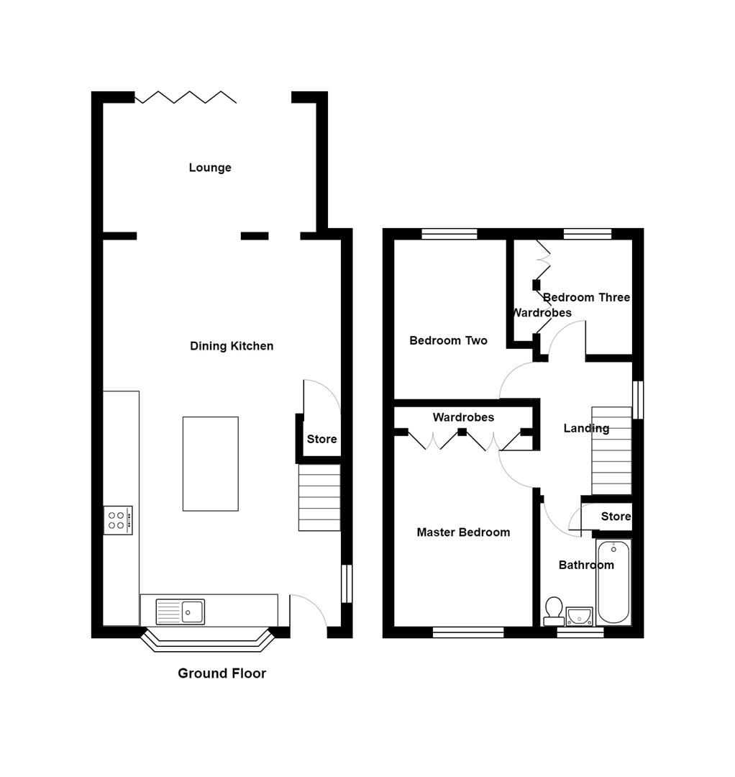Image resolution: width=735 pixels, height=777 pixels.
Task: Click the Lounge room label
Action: pos(210,168)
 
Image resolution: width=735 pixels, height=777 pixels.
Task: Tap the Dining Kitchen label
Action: pos(232,346)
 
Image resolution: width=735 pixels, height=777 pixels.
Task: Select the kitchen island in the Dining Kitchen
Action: pos(210,463)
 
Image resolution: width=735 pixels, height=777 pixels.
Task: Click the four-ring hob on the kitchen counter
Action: pos(118,519)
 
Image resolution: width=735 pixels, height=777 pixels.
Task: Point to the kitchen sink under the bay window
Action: pos(181,612)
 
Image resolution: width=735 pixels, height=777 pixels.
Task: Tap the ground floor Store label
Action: pos(321,439)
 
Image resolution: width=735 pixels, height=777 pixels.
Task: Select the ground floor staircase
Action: pos(319,497)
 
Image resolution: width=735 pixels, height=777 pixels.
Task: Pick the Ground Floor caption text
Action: pos(222,673)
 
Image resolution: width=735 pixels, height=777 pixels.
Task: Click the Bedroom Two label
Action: pos(448,340)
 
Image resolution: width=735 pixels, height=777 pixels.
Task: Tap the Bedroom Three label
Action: pos(586,297)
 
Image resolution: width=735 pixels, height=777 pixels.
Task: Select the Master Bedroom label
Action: pos(463,532)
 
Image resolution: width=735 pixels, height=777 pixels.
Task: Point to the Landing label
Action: pos(585,428)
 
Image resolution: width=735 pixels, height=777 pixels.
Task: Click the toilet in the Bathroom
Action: pos(554,611)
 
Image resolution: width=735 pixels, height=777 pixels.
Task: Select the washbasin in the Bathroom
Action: pos(579,616)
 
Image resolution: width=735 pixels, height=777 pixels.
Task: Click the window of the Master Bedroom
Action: pos(468,632)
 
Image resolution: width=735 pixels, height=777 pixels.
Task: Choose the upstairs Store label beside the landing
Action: pos(616,516)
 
